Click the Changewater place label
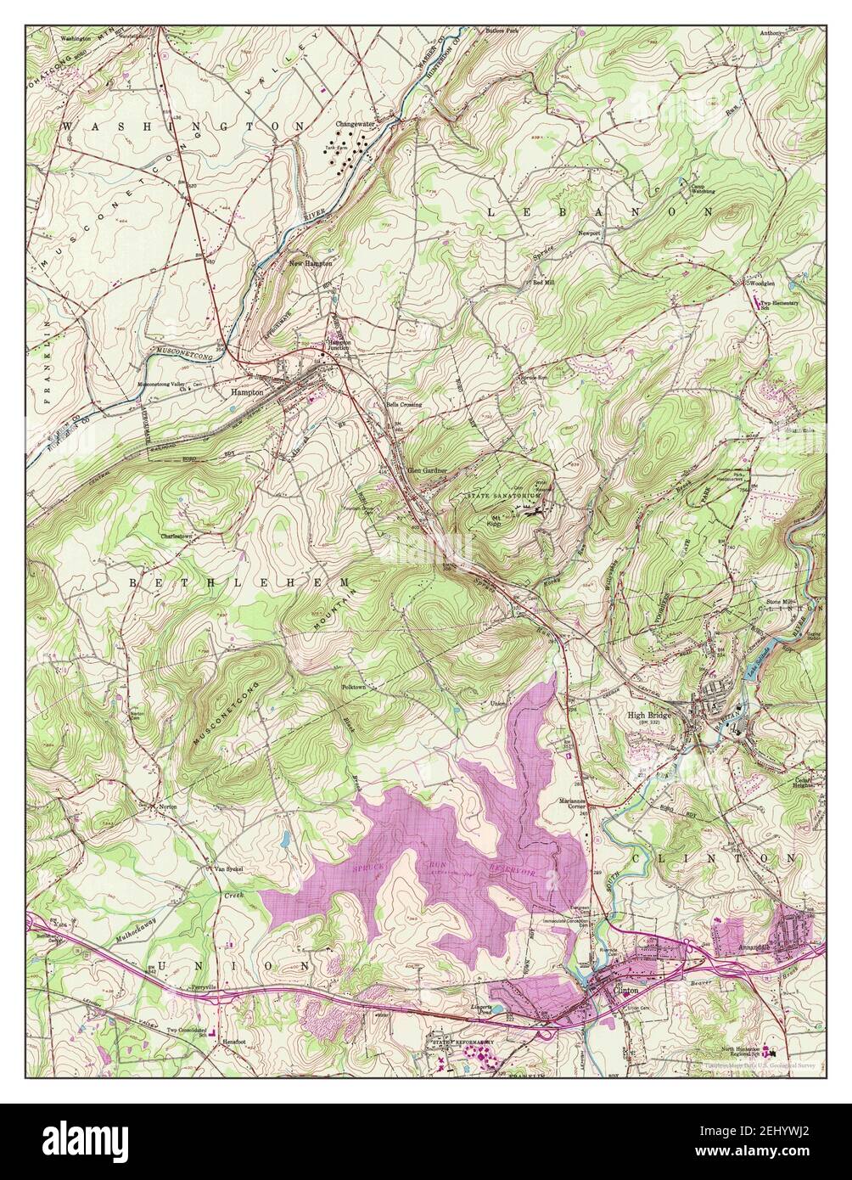(355, 124)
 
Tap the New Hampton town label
(310, 264)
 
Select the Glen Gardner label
(426, 469)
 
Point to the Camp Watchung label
(702, 188)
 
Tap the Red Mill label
(542, 283)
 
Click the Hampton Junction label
(339, 347)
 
